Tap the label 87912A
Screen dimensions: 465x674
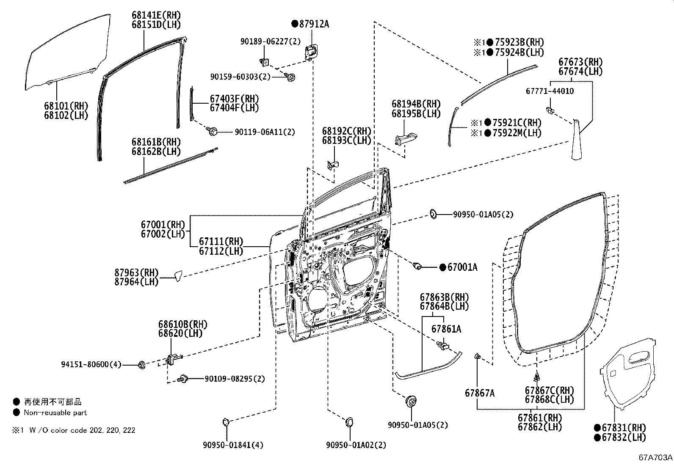pyautogui.click(x=313, y=24)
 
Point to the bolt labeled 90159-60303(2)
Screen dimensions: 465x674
pyautogui.click(x=290, y=77)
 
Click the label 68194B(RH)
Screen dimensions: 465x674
pyautogui.click(x=416, y=104)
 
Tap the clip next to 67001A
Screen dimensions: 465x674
pyautogui.click(x=417, y=266)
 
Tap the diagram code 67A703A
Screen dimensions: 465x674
pyautogui.click(x=656, y=458)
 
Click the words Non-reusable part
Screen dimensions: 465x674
pyautogui.click(x=55, y=413)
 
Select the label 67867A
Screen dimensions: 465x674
pyautogui.click(x=479, y=393)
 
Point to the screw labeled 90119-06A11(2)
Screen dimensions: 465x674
pyautogui.click(x=213, y=132)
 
